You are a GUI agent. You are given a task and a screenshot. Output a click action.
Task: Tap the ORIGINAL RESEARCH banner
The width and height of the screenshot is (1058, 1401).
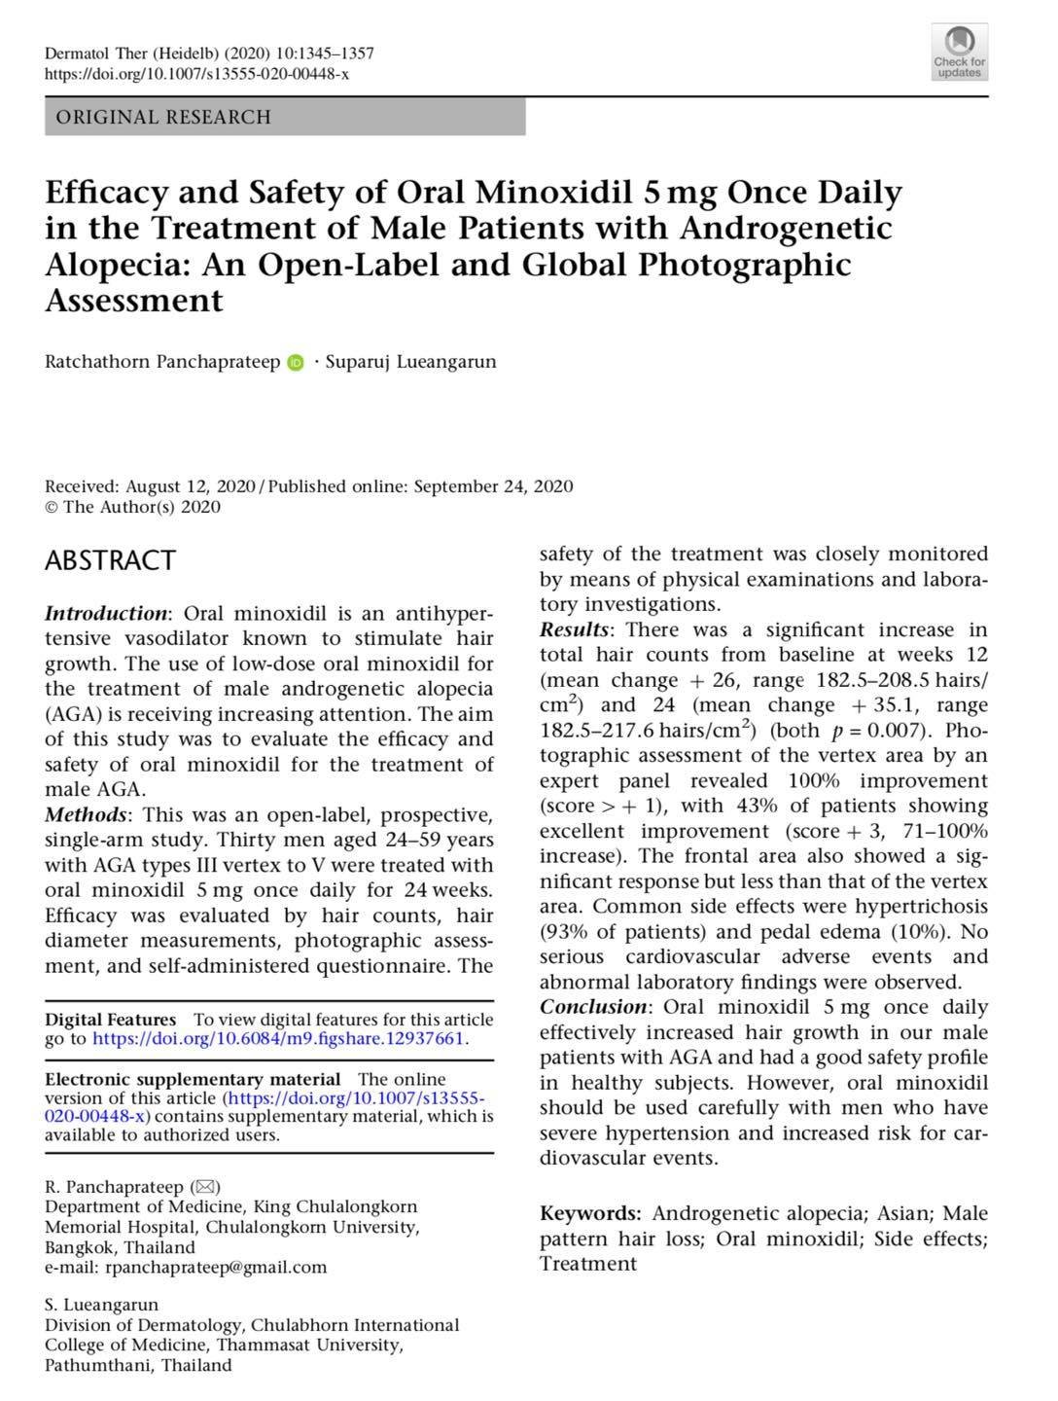(284, 118)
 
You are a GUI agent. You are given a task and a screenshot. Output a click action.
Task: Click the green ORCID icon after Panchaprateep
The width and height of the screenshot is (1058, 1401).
(296, 363)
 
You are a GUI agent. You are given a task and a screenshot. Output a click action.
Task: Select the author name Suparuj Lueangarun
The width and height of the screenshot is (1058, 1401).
(410, 362)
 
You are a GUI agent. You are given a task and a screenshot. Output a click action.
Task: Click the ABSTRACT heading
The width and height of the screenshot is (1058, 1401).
(110, 560)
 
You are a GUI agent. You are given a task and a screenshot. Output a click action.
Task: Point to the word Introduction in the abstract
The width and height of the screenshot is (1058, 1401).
(106, 613)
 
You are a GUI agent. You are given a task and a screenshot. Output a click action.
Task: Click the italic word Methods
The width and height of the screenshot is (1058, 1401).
(86, 814)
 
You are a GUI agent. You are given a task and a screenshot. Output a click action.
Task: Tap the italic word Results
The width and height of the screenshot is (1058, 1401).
(574, 629)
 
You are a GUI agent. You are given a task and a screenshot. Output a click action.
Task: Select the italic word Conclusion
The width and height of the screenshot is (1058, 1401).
(593, 1007)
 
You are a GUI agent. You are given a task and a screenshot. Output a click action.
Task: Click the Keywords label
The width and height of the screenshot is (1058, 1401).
(589, 1213)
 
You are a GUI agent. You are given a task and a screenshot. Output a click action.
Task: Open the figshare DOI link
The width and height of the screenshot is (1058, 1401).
(278, 1038)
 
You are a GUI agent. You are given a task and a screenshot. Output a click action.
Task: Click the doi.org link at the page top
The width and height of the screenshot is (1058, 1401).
(197, 73)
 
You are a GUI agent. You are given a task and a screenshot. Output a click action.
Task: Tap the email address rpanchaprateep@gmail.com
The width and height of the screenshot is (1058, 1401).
(215, 1267)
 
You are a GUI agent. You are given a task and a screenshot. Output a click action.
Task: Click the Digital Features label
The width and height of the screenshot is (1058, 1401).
(111, 1020)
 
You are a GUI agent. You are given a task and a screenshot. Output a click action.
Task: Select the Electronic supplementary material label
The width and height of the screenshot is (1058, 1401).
(193, 1079)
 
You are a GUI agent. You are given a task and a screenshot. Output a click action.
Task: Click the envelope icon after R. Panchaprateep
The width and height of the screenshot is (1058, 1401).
(206, 1187)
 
